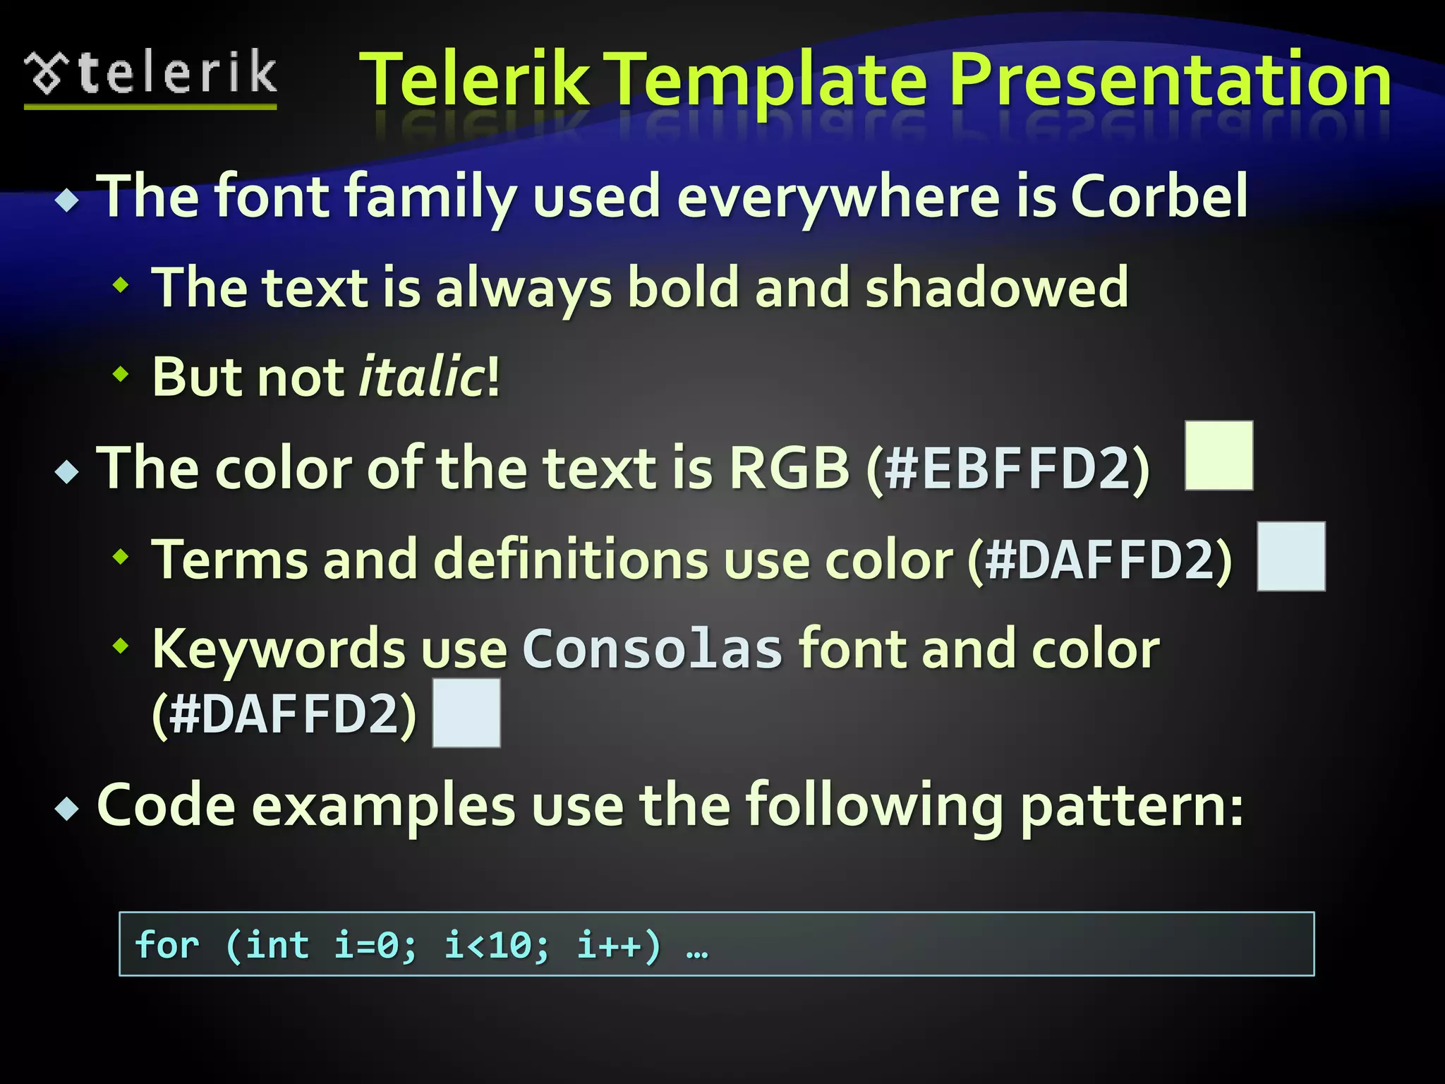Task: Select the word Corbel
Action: (1159, 195)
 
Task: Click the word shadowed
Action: (997, 287)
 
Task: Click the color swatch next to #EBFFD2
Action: (1219, 455)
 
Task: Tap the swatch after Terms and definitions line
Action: (1290, 556)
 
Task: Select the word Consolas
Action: (652, 649)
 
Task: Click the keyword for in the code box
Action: (167, 944)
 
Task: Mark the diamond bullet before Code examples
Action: (67, 808)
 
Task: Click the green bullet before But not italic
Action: (121, 373)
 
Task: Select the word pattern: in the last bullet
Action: (1132, 806)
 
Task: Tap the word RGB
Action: (789, 468)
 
